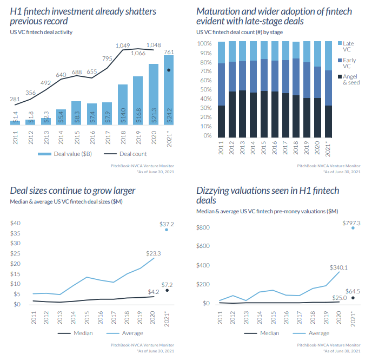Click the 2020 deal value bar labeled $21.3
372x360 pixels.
click(x=154, y=95)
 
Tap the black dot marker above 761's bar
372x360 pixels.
click(x=169, y=70)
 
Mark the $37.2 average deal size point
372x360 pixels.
click(x=167, y=230)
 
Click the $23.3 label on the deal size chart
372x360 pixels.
click(x=153, y=252)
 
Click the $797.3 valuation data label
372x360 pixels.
click(x=351, y=222)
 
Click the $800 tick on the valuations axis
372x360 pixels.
click(x=202, y=227)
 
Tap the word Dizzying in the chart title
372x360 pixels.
click(x=214, y=191)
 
